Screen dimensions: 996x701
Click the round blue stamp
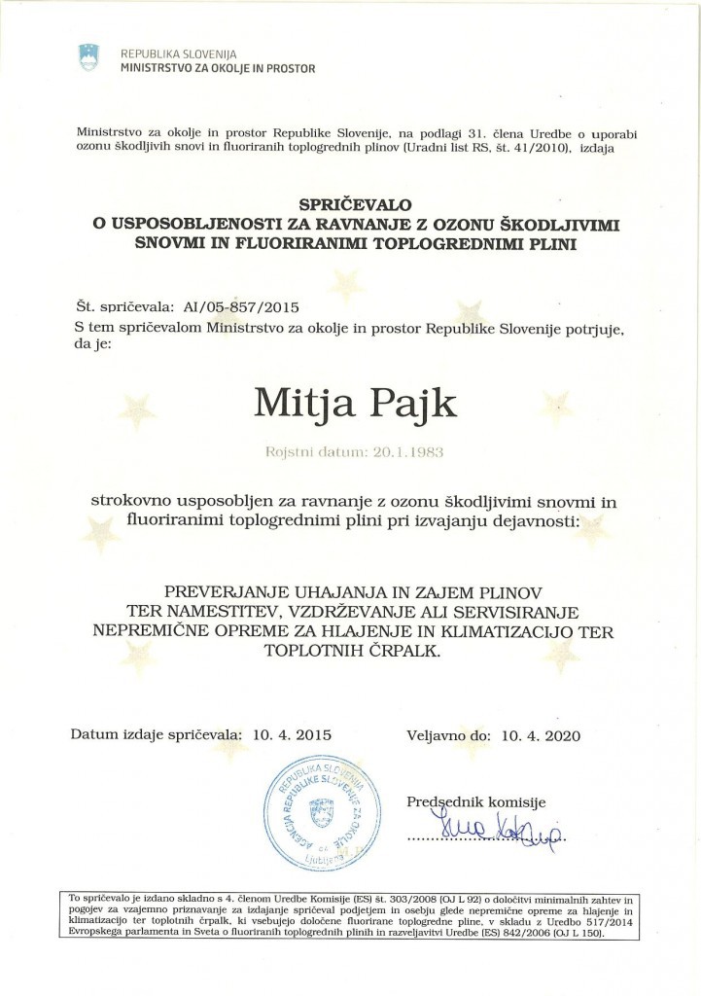point(319,812)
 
